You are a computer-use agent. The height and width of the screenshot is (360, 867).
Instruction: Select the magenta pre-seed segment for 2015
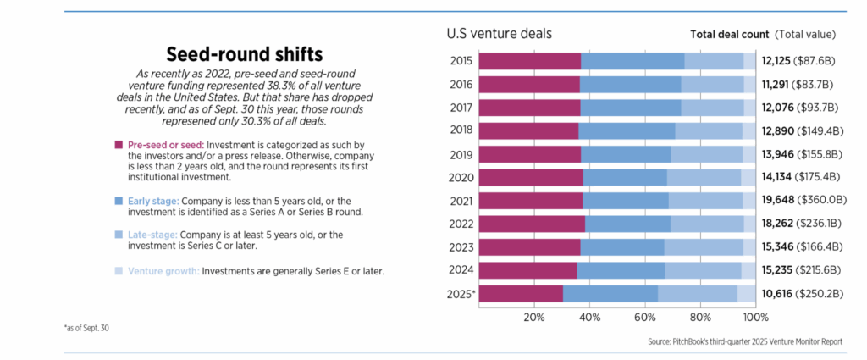530,61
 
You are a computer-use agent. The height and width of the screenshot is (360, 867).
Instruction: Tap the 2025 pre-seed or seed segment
521,294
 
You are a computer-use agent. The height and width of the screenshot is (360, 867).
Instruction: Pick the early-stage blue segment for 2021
626,200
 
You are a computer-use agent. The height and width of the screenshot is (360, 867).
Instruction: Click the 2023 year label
461,246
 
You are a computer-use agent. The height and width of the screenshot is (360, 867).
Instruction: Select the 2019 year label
461,154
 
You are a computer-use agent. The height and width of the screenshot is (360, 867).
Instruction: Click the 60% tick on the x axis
645,318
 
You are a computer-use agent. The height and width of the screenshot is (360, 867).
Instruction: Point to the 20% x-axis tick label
534,318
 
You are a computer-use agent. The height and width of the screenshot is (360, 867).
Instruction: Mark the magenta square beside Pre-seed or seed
119,146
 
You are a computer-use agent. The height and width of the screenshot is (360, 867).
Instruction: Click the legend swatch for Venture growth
119,272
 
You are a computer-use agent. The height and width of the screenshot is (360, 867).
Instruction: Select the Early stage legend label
152,201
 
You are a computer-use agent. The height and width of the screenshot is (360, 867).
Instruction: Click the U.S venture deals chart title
499,34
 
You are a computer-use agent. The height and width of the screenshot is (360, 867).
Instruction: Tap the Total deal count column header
729,35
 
